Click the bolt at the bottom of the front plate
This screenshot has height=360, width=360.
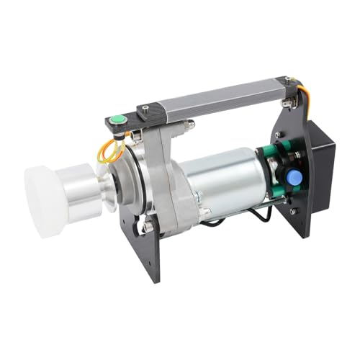148,228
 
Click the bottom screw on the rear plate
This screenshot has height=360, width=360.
292,212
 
